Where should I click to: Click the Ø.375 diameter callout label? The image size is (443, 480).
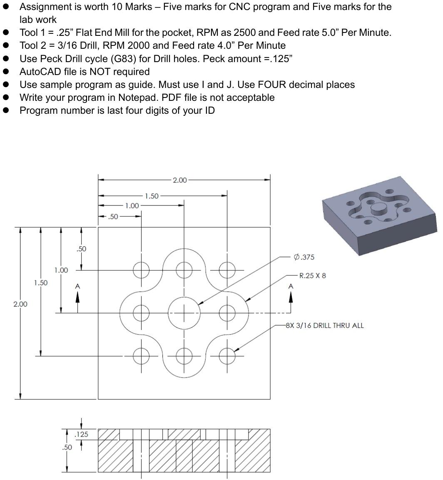point(304,257)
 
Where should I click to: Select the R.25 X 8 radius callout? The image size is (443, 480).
point(312,275)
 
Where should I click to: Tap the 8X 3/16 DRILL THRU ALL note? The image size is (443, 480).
point(325,325)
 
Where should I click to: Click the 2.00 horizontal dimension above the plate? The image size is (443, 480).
point(180,180)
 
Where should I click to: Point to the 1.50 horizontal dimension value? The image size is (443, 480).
point(152,196)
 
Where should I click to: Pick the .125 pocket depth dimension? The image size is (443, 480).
point(81,435)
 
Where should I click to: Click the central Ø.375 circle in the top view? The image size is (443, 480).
point(184,312)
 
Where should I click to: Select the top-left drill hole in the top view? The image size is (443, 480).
point(141,270)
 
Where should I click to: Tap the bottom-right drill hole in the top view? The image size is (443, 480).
point(226,356)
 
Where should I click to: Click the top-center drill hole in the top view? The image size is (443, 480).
point(184,270)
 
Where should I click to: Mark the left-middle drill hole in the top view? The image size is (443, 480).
point(141,312)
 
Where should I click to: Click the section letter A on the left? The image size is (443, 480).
point(77,286)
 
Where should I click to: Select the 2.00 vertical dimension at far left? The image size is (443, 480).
point(20,304)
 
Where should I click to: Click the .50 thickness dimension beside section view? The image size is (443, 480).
point(67,447)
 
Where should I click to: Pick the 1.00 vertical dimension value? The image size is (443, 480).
point(61,270)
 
